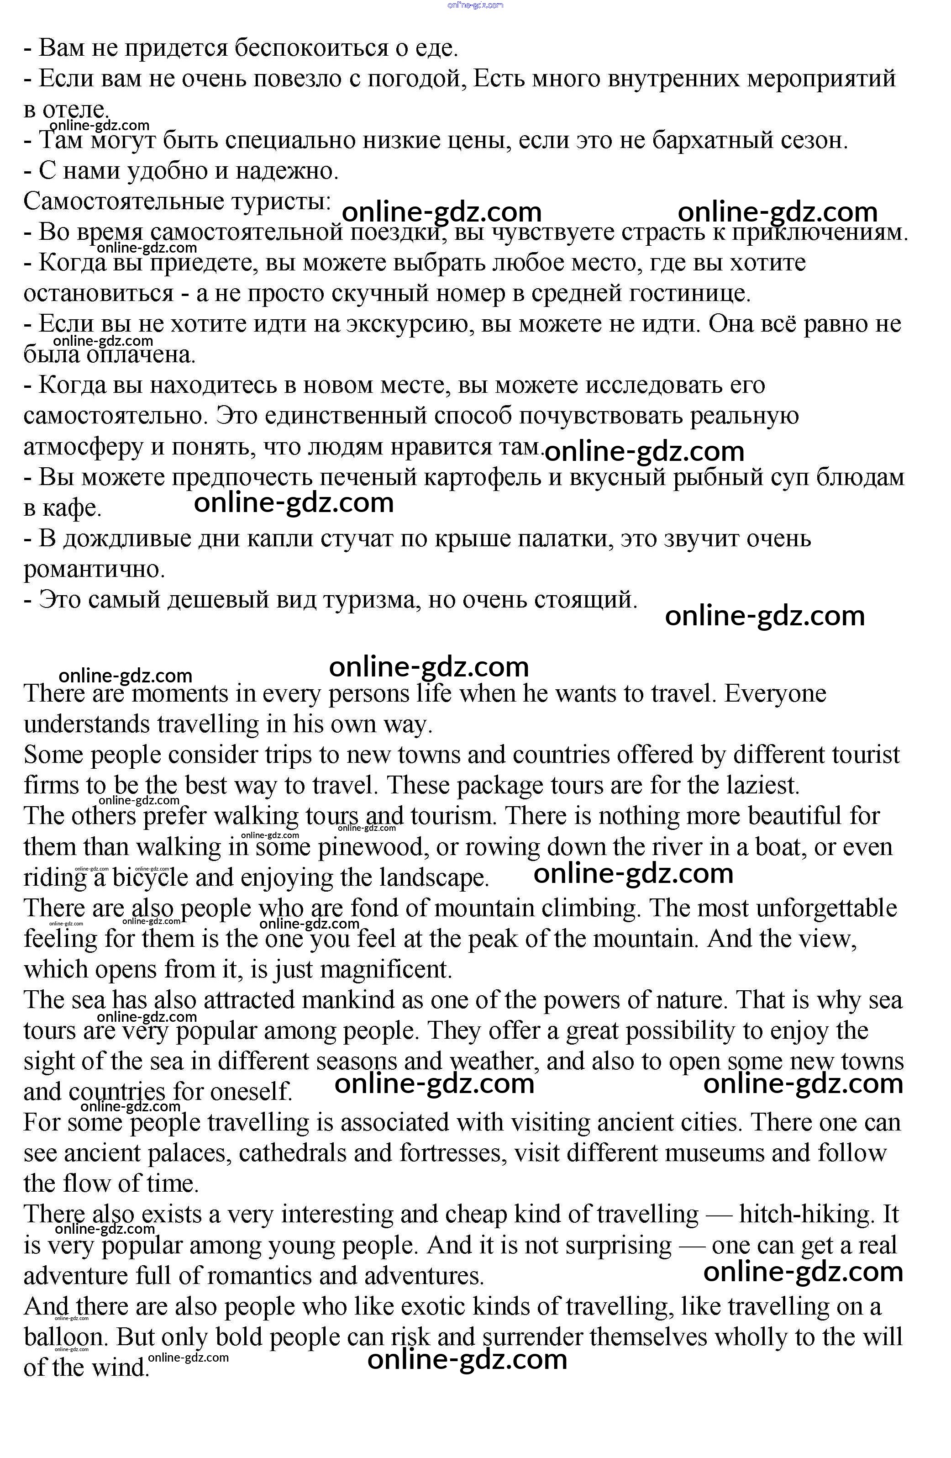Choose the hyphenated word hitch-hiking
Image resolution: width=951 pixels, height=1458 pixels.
coord(804,1215)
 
